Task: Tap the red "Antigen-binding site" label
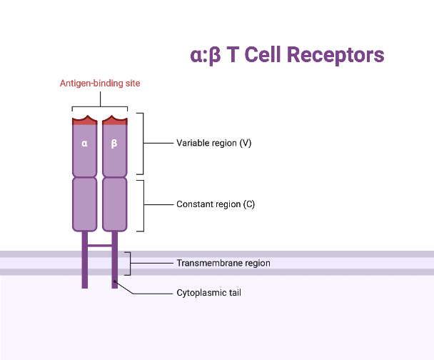click(x=99, y=84)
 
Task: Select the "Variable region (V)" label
click(x=213, y=143)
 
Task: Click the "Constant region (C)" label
click(x=215, y=204)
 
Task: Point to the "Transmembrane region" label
click(x=223, y=263)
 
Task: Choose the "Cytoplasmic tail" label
click(x=208, y=292)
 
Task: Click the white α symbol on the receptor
click(x=84, y=143)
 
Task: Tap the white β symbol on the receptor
click(x=114, y=143)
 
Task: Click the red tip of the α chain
click(x=84, y=121)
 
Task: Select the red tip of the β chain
click(x=114, y=121)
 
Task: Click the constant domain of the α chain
click(x=84, y=204)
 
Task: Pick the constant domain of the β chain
click(x=114, y=204)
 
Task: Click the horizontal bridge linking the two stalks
click(x=99, y=245)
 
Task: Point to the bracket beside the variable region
click(x=143, y=143)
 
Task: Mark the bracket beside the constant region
click(x=143, y=205)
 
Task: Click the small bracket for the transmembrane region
click(x=129, y=263)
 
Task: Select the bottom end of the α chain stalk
click(x=84, y=285)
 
